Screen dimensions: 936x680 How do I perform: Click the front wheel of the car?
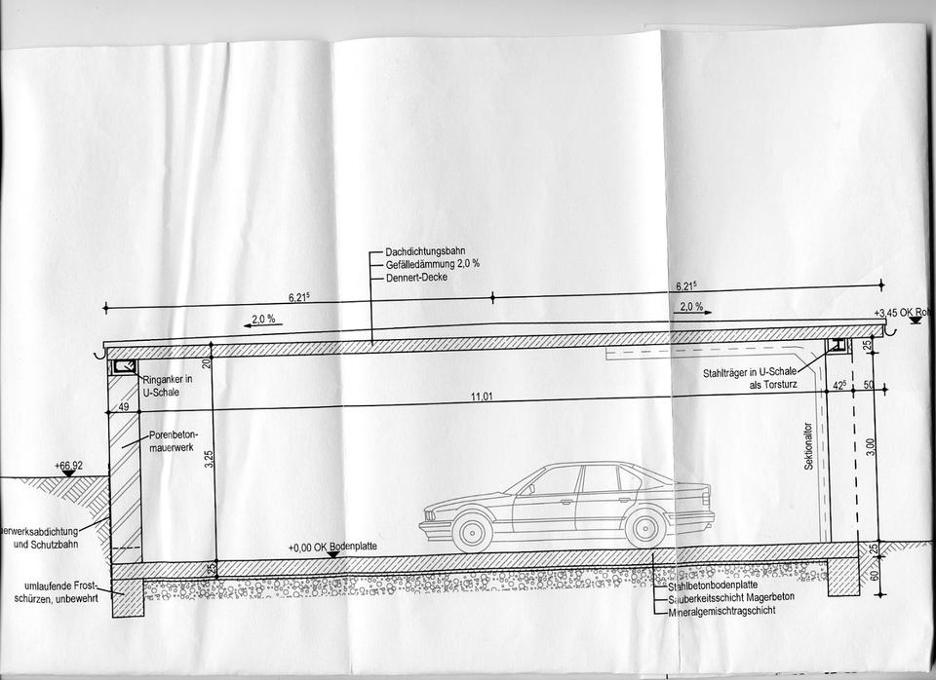[x=472, y=531]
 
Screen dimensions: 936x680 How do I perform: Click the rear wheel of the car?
[x=645, y=528]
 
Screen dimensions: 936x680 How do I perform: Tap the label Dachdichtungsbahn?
[x=425, y=251]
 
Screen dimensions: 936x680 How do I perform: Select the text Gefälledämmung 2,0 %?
[x=433, y=264]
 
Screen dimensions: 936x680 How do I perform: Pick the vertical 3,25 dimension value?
[x=208, y=458]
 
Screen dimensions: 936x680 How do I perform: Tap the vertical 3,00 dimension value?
[x=871, y=446]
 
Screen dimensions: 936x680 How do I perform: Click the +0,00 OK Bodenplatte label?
[x=331, y=548]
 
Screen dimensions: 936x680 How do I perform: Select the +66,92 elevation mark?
[x=68, y=467]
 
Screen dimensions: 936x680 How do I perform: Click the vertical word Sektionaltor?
[x=808, y=447]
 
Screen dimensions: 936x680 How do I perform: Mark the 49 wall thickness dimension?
[x=124, y=407]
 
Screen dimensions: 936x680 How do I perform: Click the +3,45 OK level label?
[x=904, y=313]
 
